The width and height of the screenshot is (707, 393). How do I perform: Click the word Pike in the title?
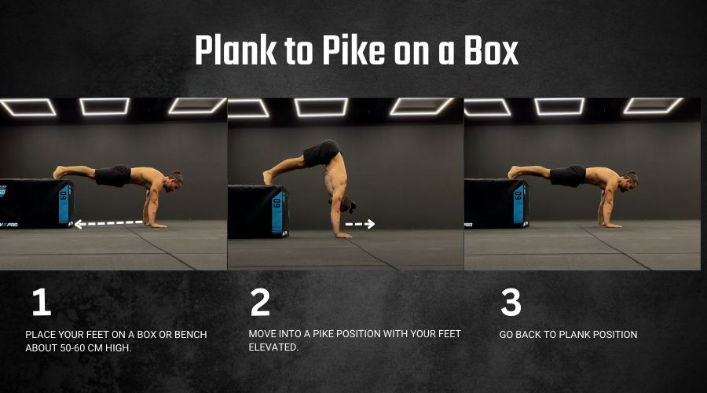click(x=353, y=50)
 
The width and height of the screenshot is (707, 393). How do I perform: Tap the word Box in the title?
click(x=492, y=50)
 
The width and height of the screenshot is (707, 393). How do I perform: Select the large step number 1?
click(x=42, y=302)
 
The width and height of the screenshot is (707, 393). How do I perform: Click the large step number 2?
click(x=260, y=302)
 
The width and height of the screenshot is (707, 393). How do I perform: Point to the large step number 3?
click(x=511, y=302)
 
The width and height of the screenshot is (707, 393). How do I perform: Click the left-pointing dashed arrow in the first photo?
click(x=108, y=223)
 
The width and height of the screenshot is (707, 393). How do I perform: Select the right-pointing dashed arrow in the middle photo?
click(x=360, y=224)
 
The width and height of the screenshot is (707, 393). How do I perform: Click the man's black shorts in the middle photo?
click(x=322, y=153)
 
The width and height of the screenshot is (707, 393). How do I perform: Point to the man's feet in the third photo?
click(x=514, y=172)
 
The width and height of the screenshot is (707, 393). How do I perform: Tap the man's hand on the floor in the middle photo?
click(x=343, y=235)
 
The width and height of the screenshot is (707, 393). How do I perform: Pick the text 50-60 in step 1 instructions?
click(x=73, y=348)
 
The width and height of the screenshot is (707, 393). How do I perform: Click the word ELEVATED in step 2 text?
click(x=273, y=347)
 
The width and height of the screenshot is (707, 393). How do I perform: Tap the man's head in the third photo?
click(x=628, y=182)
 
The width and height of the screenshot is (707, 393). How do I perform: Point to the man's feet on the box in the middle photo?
click(x=269, y=177)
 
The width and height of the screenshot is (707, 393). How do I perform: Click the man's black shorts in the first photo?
click(x=113, y=175)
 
